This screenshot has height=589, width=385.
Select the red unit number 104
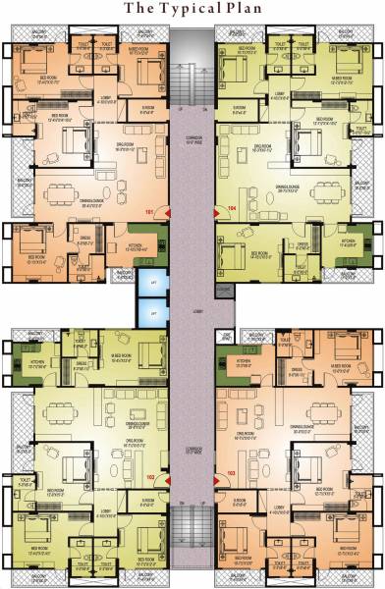[x=233, y=209]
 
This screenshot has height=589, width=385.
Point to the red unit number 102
[x=150, y=478]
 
